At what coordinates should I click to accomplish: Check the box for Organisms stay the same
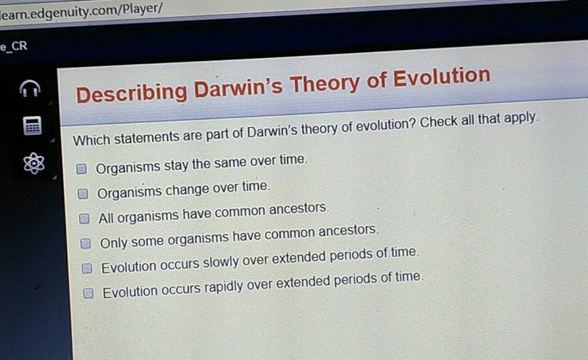(82, 169)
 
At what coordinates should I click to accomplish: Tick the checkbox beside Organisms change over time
(83, 193)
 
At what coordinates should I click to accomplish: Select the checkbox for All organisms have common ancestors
(85, 218)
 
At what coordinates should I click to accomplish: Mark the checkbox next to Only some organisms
(86, 243)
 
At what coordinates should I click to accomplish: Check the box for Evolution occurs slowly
(87, 268)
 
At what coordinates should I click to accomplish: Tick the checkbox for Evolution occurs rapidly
(88, 293)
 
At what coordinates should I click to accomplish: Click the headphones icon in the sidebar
(30, 88)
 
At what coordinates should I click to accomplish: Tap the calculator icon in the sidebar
(32, 125)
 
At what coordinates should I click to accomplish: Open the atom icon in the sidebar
(34, 163)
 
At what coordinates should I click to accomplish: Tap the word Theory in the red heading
(325, 84)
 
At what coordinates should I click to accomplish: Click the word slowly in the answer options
(220, 262)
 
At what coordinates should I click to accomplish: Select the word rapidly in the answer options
(223, 287)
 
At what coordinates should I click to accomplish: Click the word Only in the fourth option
(114, 243)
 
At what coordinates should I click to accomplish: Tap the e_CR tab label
(14, 46)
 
